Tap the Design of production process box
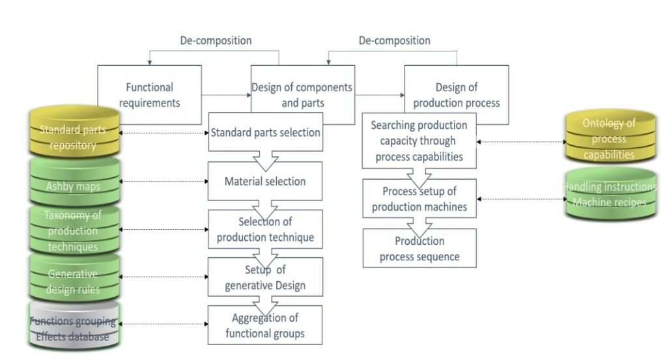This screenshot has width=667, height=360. (457, 95)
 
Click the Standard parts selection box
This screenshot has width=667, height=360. (265, 133)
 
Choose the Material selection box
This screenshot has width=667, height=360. (265, 181)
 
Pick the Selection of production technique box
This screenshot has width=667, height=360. (265, 229)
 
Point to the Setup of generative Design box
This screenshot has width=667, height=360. (265, 277)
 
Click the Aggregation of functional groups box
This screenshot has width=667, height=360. (265, 326)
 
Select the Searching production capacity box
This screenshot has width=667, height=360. (419, 140)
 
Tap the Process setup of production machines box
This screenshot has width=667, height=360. (419, 199)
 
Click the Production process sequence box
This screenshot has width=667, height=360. (419, 249)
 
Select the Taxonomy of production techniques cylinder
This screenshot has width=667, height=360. (73, 231)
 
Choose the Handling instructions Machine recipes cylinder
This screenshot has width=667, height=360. (610, 195)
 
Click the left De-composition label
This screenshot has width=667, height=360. (216, 40)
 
